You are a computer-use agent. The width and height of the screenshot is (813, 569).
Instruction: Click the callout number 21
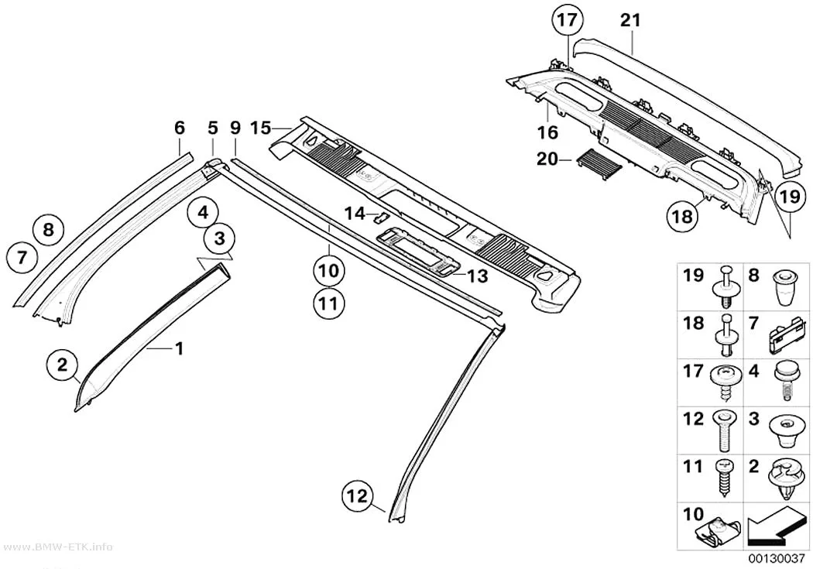point(630,20)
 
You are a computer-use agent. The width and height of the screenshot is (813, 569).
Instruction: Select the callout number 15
point(260,128)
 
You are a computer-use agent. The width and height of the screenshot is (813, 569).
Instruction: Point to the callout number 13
point(478,276)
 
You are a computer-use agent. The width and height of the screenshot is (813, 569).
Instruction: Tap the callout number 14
point(355,213)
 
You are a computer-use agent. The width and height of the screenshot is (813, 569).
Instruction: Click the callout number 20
point(547,159)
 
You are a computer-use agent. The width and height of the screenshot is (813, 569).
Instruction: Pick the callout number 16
point(547,132)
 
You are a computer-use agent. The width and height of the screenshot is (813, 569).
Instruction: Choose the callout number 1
point(179,349)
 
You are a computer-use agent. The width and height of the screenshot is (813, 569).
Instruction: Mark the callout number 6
point(180,128)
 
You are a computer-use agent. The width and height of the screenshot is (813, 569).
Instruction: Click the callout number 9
point(235,128)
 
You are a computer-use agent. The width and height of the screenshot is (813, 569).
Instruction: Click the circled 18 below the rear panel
point(683,215)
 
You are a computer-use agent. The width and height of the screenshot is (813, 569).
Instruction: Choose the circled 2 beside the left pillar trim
point(62,365)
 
